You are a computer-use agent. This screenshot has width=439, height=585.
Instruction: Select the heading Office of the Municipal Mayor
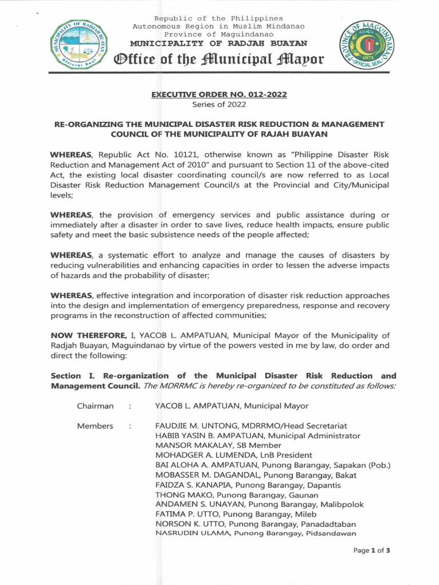[x=219, y=59]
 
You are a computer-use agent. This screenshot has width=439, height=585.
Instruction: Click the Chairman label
[x=95, y=406]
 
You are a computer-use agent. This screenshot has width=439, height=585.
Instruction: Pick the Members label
[x=95, y=426]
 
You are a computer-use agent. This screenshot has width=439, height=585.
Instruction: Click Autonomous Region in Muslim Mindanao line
[x=219, y=26]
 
